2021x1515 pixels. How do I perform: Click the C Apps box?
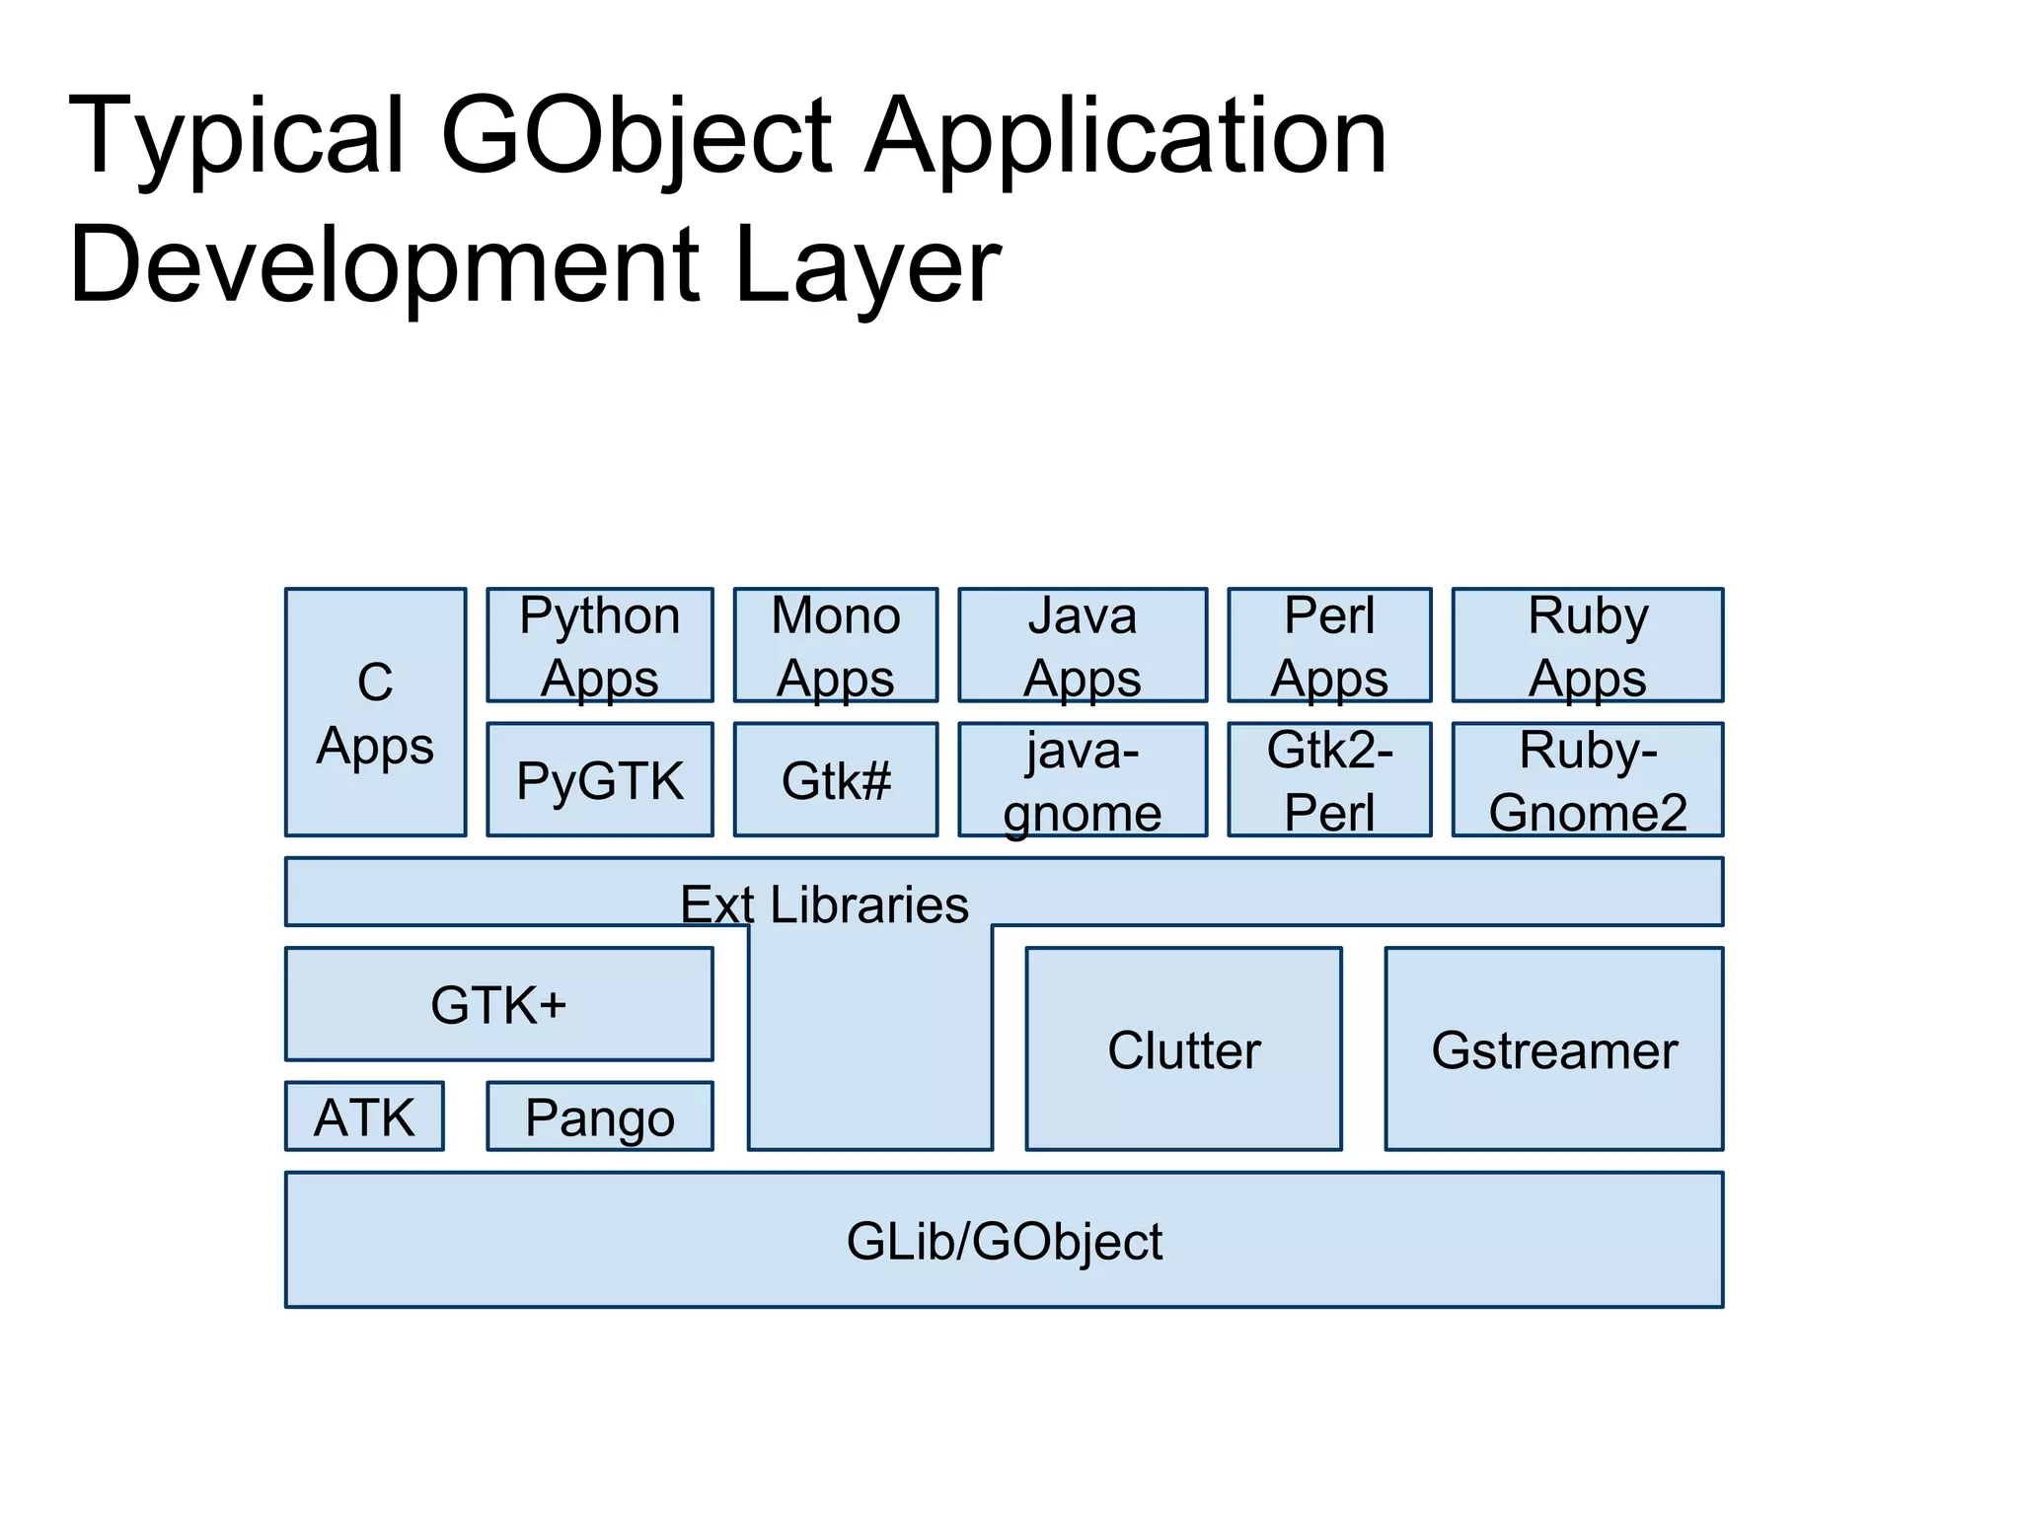[375, 712]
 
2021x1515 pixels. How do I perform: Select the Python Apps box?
[600, 645]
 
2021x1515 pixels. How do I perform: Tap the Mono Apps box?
[836, 645]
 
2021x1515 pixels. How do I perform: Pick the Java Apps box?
[1083, 645]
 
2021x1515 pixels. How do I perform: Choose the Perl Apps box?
[1329, 645]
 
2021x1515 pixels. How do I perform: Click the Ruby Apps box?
[1588, 645]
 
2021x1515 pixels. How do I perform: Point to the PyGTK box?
[600, 780]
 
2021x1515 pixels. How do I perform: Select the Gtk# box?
[836, 780]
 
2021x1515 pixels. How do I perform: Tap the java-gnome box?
[1083, 780]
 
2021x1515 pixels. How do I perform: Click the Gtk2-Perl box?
[1329, 780]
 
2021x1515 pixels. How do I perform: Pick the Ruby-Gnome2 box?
[1588, 780]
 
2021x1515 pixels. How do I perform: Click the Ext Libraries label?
[824, 903]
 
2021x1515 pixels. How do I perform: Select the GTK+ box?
[499, 1004]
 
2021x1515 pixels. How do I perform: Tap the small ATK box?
[364, 1117]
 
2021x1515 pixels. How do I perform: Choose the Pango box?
[600, 1117]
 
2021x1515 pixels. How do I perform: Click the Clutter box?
[1183, 1049]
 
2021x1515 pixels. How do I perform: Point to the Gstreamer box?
[1554, 1049]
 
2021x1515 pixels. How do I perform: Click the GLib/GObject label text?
[1004, 1241]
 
